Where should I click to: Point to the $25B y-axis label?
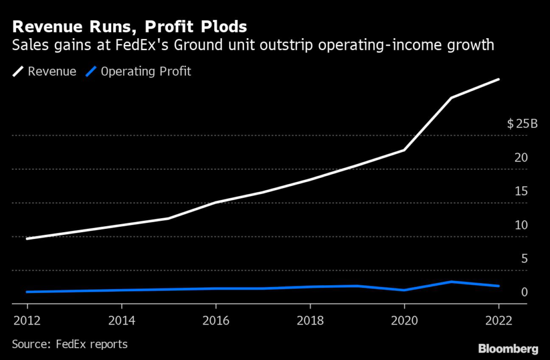(522, 124)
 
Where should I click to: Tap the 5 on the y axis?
(524, 259)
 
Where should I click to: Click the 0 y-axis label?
(524, 293)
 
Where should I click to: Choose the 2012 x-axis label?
(28, 321)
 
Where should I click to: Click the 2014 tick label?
(122, 321)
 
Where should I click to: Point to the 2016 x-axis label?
(216, 321)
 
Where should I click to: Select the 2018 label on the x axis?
(310, 321)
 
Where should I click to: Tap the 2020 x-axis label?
(404, 321)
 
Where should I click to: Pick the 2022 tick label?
(498, 321)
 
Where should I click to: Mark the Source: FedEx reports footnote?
(70, 344)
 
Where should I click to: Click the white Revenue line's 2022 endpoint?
(499, 80)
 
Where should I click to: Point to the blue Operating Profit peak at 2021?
(452, 282)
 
